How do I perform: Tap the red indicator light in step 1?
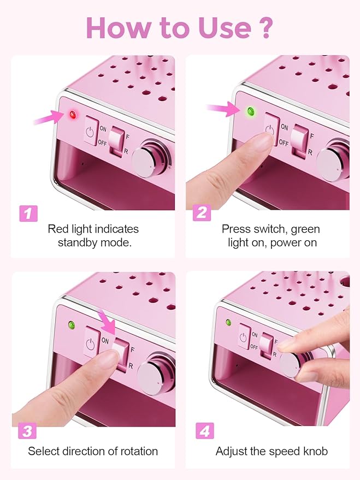(x=72, y=114)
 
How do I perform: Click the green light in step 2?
(x=251, y=112)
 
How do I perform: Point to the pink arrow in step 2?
(x=224, y=110)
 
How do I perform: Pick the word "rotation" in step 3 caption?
(x=137, y=451)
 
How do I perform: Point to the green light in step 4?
(x=228, y=322)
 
